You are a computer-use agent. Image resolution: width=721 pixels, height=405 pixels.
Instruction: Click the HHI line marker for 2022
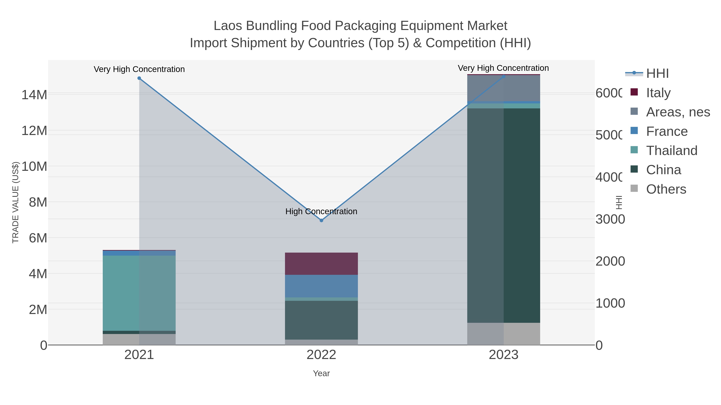[x=321, y=220]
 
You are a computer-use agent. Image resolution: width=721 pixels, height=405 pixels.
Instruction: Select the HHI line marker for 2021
[x=139, y=78]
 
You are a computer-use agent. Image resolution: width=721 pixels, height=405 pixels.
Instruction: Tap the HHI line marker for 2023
[x=503, y=76]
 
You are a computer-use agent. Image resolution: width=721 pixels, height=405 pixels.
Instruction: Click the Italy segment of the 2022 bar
[x=321, y=264]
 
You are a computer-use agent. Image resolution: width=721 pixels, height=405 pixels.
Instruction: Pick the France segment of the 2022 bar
[x=321, y=286]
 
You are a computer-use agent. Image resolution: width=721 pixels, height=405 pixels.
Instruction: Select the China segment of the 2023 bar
[x=503, y=215]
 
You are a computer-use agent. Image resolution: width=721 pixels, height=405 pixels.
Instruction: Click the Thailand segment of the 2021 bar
[x=139, y=293]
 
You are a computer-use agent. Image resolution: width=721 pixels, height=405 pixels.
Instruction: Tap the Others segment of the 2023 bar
[x=503, y=334]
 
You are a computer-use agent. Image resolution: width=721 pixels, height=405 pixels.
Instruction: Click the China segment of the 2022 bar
[x=321, y=320]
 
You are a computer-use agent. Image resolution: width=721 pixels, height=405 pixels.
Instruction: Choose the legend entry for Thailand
[x=672, y=151]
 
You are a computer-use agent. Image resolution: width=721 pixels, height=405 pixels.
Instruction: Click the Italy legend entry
[x=658, y=93]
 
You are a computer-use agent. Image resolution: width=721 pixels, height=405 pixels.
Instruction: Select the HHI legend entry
[x=657, y=74]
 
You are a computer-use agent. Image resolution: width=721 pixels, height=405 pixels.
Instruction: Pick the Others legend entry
[x=666, y=189]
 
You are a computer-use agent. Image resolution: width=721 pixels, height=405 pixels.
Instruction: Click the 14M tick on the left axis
[x=34, y=95]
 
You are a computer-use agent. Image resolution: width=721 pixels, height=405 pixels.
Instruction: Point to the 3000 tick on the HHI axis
[x=610, y=219]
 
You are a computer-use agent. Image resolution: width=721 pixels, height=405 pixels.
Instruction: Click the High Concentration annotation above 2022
[x=321, y=211]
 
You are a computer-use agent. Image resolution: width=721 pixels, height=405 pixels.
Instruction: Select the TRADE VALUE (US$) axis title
[x=15, y=202]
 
